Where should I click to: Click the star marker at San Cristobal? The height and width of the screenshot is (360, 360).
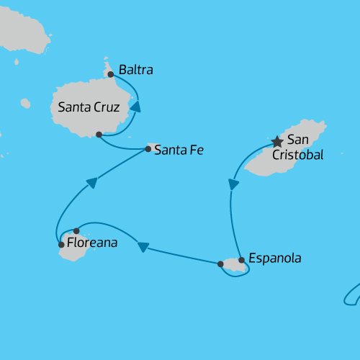click(277, 142)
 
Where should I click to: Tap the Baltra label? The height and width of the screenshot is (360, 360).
click(136, 71)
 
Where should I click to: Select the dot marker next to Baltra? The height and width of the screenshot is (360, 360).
click(110, 74)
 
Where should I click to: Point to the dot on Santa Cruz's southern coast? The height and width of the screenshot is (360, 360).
click(99, 135)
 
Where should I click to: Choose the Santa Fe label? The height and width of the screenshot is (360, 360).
click(179, 150)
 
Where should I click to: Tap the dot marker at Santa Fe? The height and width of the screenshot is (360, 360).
click(148, 149)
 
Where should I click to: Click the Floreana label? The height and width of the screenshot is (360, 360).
click(91, 244)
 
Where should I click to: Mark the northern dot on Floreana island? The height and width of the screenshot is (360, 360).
click(76, 231)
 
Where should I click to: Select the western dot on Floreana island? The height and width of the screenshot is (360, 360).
click(61, 245)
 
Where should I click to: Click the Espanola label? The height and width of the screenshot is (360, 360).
click(274, 258)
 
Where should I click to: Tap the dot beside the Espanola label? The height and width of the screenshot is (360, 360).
click(241, 260)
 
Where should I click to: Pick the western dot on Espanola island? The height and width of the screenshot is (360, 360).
click(220, 264)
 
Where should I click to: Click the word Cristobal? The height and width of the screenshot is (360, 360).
click(297, 155)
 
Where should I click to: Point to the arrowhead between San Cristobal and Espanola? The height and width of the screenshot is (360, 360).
click(233, 184)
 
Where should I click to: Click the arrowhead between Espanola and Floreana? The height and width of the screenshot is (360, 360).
click(143, 247)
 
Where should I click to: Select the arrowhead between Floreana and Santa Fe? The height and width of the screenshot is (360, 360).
click(91, 184)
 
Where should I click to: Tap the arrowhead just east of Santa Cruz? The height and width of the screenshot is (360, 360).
click(135, 107)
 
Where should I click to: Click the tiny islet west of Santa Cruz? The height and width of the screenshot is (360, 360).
click(25, 104)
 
